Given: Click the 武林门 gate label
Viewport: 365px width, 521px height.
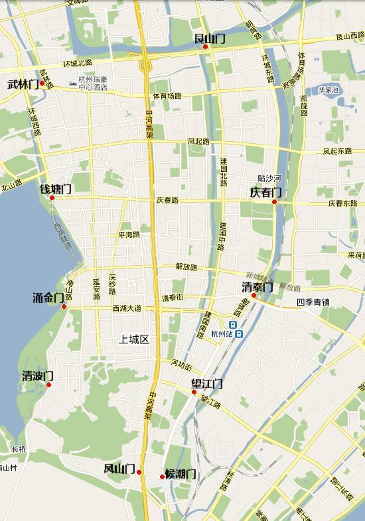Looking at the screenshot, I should (23, 84).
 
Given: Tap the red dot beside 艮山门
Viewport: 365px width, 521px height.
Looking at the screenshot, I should (206, 46).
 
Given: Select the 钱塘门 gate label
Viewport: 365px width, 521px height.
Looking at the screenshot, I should (56, 189).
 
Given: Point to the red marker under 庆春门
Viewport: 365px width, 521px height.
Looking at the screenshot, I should (274, 202).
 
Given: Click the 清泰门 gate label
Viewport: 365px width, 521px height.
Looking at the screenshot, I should (257, 287).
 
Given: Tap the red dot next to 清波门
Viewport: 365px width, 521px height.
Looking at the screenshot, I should (48, 384).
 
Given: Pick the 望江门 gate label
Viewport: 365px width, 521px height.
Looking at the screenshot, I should (207, 384).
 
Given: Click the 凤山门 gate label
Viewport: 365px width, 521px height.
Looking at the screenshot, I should (119, 469).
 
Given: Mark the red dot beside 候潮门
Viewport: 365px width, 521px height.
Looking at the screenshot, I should (162, 477).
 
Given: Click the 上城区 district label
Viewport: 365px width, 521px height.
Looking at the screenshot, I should (133, 339).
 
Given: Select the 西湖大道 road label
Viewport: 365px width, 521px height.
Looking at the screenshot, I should (127, 308).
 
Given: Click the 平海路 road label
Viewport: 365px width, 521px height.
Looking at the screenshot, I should (129, 235).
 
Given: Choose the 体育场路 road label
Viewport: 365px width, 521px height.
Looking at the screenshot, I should (167, 95).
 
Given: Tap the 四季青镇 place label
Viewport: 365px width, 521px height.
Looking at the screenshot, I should (313, 302).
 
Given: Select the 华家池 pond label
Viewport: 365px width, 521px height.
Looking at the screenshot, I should (328, 89).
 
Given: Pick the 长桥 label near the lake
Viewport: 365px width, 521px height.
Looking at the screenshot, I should (19, 449).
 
